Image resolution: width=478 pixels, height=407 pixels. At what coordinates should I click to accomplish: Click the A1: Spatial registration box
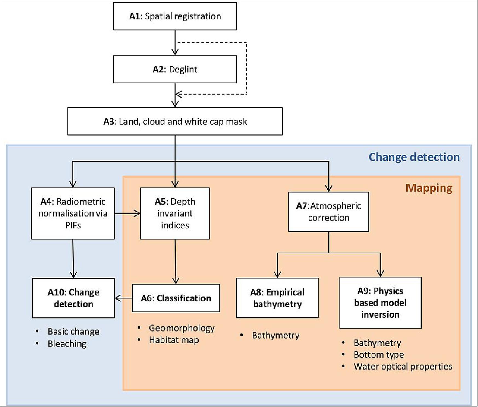click(x=175, y=16)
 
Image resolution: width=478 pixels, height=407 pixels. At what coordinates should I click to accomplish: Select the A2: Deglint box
click(x=175, y=69)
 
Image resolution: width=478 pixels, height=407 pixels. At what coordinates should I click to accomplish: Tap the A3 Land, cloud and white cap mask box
click(x=175, y=121)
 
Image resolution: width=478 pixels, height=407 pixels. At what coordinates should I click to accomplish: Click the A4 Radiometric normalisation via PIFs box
click(x=73, y=213)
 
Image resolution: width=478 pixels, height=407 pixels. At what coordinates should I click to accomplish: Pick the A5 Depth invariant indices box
click(x=175, y=213)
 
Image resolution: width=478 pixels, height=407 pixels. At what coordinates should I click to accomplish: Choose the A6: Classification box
click(x=176, y=298)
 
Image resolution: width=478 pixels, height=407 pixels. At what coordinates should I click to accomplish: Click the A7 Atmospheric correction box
click(x=329, y=212)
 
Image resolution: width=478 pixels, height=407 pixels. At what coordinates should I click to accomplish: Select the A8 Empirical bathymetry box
click(x=277, y=298)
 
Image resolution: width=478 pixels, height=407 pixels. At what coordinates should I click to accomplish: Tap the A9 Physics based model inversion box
click(x=380, y=303)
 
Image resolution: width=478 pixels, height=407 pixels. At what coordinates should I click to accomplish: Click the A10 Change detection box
click(x=73, y=298)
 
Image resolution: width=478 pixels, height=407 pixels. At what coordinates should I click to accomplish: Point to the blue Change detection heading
click(x=414, y=157)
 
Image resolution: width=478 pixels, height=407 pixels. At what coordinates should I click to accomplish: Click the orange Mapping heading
click(x=429, y=188)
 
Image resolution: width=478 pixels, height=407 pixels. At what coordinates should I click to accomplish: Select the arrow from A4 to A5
click(x=127, y=213)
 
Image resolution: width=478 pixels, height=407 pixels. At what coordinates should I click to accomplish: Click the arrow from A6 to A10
click(x=123, y=298)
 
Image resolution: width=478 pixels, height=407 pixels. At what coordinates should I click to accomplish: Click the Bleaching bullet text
click(x=67, y=344)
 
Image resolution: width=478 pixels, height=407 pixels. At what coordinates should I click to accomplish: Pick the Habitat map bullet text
click(x=174, y=340)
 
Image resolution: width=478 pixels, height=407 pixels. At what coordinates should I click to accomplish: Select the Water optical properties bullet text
click(x=403, y=366)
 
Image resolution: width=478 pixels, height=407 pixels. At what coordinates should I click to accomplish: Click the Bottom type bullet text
click(x=379, y=355)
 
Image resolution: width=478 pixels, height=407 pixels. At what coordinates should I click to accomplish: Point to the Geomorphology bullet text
click(x=182, y=328)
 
